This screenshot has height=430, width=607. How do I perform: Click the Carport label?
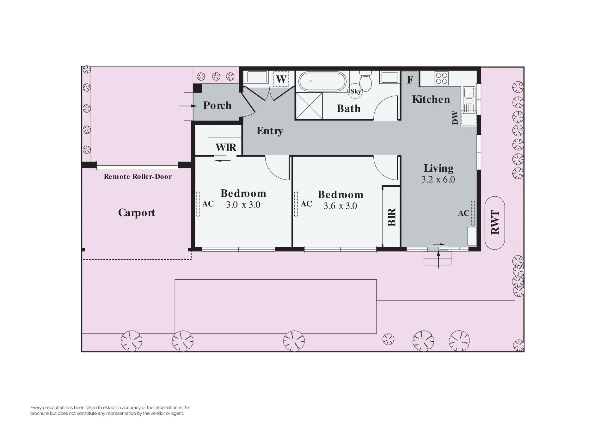click(137, 213)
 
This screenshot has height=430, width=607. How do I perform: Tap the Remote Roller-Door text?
click(138, 177)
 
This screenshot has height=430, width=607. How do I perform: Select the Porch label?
click(217, 105)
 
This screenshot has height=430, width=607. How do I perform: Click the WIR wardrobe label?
click(226, 147)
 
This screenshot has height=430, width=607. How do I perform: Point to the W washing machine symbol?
click(281, 79)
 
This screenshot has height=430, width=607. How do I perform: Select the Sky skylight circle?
click(356, 92)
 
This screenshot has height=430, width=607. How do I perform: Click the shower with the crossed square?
click(309, 106)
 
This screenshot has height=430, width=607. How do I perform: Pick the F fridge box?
click(410, 79)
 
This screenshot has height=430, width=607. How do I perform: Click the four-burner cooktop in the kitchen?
click(441, 79)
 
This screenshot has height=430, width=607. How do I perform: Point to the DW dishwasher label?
click(455, 117)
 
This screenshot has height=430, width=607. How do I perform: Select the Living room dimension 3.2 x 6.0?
click(438, 180)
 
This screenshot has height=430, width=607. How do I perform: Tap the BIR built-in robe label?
click(392, 217)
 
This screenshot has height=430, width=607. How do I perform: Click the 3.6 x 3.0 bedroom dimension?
click(340, 206)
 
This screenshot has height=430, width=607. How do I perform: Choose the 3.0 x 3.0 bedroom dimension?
click(243, 205)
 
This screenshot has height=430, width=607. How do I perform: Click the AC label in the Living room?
click(464, 213)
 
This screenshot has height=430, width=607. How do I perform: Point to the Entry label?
click(270, 131)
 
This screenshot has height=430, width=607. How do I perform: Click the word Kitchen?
click(431, 99)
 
